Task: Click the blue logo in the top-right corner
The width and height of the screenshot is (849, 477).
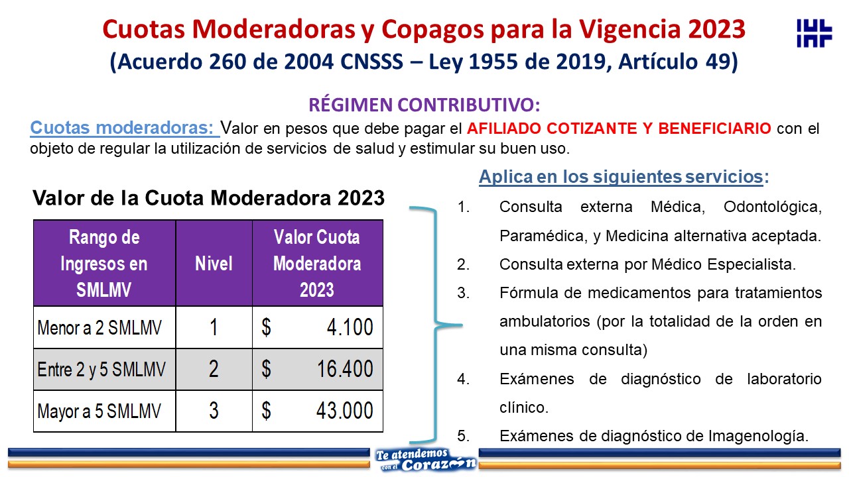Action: point(814,33)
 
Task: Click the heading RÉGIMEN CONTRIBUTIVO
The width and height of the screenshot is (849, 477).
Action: point(424,105)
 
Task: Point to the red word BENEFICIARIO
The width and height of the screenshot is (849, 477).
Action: point(714,129)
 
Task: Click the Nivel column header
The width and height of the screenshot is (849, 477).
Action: point(214,263)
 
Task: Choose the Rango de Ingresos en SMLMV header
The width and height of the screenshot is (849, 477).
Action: point(104,263)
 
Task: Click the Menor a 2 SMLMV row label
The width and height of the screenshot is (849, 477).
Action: point(99,327)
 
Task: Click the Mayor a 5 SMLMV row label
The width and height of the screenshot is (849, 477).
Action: point(99,411)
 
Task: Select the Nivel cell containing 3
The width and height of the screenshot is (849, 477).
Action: point(214,411)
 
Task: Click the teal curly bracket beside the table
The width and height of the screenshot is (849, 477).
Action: point(436,325)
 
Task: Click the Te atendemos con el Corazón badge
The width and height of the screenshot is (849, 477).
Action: point(424,460)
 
